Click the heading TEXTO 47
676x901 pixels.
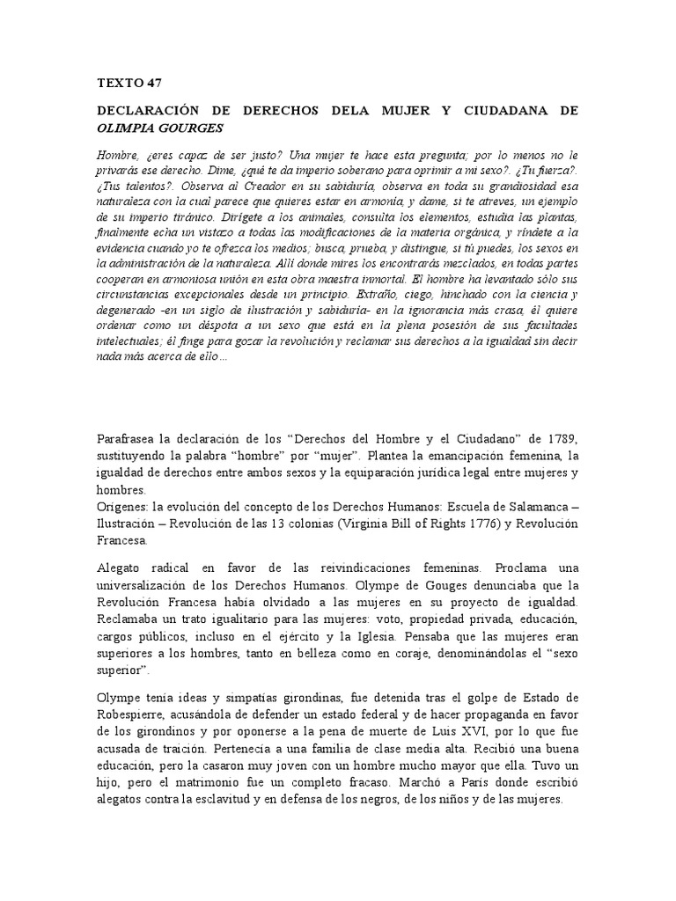129,84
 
